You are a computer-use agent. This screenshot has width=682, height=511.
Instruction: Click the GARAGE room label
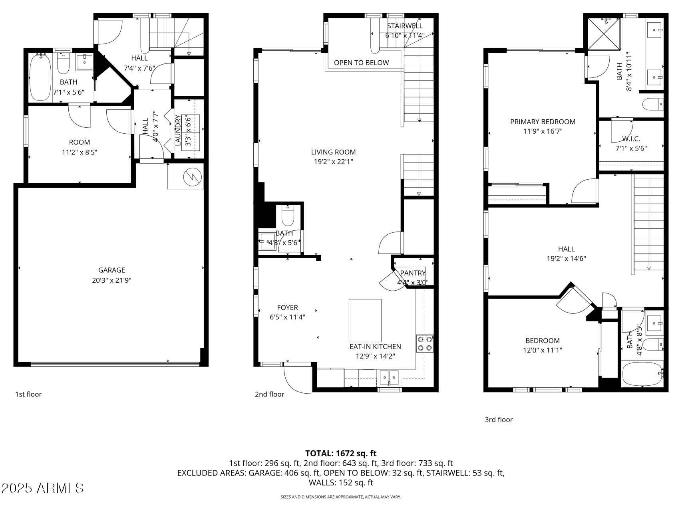click(111, 270)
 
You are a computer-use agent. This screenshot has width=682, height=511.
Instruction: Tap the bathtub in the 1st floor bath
click(40, 77)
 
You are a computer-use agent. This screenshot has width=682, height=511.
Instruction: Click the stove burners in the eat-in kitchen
click(425, 344)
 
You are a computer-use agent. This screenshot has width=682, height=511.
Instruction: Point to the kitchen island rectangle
click(365, 320)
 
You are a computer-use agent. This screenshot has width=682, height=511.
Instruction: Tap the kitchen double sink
click(389, 377)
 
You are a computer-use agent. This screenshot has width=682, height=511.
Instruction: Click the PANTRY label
click(413, 273)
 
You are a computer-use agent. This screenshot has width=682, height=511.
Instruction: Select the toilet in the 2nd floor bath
click(288, 216)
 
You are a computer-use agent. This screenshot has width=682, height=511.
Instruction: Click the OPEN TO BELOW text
click(361, 63)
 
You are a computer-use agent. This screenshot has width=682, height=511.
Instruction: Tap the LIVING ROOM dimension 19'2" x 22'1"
click(333, 162)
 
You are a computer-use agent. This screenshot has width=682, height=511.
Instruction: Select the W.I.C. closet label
click(631, 139)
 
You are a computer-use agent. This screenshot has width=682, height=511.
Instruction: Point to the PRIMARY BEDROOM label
click(543, 122)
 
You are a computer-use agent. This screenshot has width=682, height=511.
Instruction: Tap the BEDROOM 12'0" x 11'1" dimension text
click(542, 351)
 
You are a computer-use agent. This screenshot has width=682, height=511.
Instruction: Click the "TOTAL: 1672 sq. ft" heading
click(340, 454)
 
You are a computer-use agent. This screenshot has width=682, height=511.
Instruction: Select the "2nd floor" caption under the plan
click(269, 394)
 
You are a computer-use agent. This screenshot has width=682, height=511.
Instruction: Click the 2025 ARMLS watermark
click(42, 488)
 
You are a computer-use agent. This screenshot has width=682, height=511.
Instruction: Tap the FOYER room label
click(287, 308)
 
